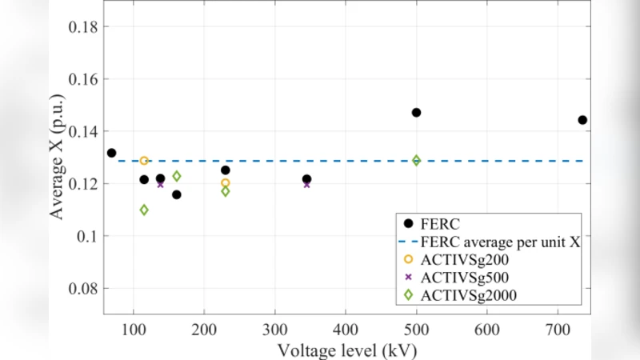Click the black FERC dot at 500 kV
tap(416, 113)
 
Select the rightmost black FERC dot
tap(582, 120)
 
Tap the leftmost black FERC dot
tap(111, 153)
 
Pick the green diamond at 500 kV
tap(416, 160)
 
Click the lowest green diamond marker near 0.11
tap(144, 210)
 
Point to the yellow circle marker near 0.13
tap(144, 161)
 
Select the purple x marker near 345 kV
tap(306, 184)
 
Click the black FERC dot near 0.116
tap(176, 194)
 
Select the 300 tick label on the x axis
tap(275, 329)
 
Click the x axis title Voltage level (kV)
tap(346, 350)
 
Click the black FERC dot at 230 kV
tap(226, 170)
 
